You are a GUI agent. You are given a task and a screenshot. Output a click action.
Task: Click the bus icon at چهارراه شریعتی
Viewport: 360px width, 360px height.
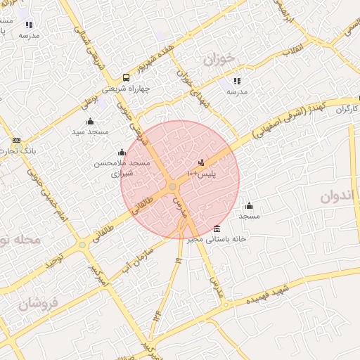pyautogui.click(x=125, y=77)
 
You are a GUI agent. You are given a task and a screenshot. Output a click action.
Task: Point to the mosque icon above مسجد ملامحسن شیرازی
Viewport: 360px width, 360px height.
pyautogui.click(x=122, y=152)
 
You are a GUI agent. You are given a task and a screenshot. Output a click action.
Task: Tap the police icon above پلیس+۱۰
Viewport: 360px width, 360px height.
pyautogui.click(x=202, y=162)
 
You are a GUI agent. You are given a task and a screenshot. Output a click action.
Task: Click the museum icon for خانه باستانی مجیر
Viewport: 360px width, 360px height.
pyautogui.click(x=216, y=229)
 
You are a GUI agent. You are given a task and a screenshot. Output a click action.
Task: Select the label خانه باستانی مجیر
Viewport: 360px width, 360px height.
pyautogui.click(x=215, y=239)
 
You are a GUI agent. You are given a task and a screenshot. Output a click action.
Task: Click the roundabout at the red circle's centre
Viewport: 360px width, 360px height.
pyautogui.click(x=173, y=186)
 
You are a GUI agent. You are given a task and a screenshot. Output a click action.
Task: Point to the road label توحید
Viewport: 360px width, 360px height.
pyautogui.click(x=54, y=260)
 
